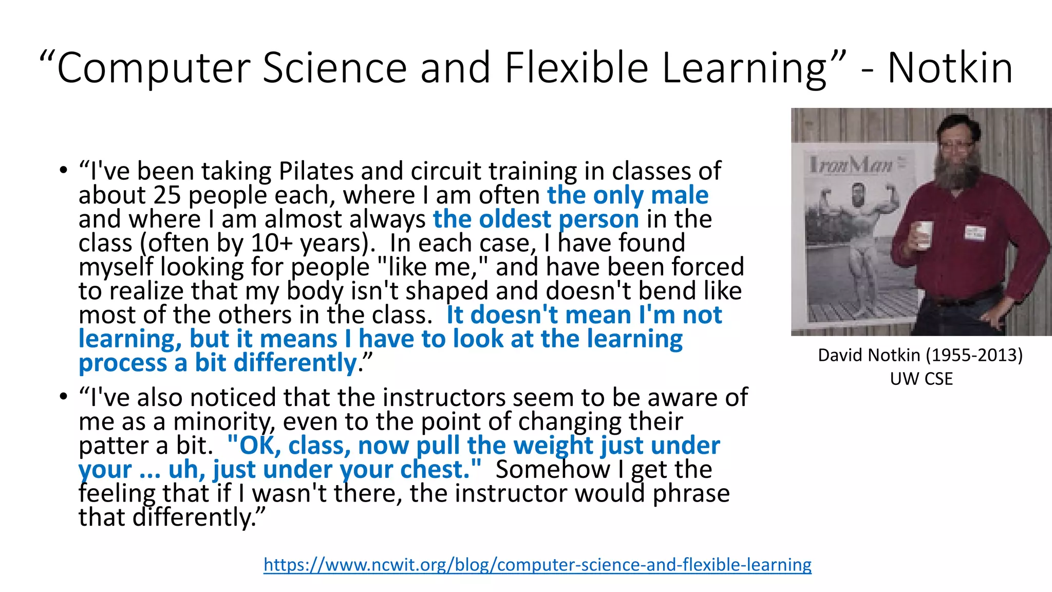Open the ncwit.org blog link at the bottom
click(x=537, y=564)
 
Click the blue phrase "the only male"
click(x=628, y=195)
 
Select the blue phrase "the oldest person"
click(x=536, y=219)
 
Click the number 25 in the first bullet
click(x=167, y=195)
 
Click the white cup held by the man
click(x=925, y=234)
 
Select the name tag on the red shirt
click(x=974, y=233)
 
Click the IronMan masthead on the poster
click(x=851, y=165)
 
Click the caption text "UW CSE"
click(x=921, y=379)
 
